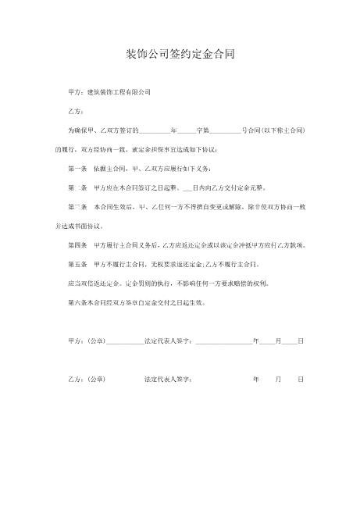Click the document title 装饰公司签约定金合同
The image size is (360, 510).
pos(180,55)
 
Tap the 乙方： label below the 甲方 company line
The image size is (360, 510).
pos(77,111)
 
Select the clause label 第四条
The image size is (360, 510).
pos(77,244)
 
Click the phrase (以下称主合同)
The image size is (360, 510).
pos(279,130)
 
